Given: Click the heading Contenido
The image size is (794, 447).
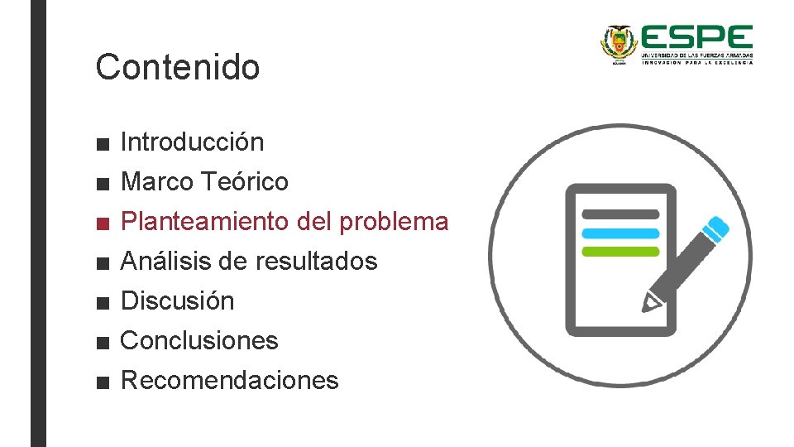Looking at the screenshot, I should coord(177,67).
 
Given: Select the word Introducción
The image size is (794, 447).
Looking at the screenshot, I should coord(192,142).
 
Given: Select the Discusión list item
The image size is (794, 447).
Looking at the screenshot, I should coord(177,300).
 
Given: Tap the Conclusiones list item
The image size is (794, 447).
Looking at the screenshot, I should coord(199,340).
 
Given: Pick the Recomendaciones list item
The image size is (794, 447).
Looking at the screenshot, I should coord(229,380).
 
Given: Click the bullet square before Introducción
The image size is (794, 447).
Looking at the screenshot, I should coord(102,143).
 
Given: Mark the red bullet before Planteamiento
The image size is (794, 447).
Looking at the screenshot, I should coord(102,223).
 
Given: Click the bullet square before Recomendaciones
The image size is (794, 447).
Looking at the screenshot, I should coord(102,382).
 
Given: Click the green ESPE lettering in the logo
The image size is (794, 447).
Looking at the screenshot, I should coord(696,38).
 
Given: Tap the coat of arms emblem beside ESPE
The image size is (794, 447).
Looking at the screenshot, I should coord(616,43).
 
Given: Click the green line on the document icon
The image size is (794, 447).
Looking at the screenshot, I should coord(620,251).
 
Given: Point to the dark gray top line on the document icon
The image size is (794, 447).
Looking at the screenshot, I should coord(620,214).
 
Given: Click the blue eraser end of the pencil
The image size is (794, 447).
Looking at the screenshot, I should coord(718,226).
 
